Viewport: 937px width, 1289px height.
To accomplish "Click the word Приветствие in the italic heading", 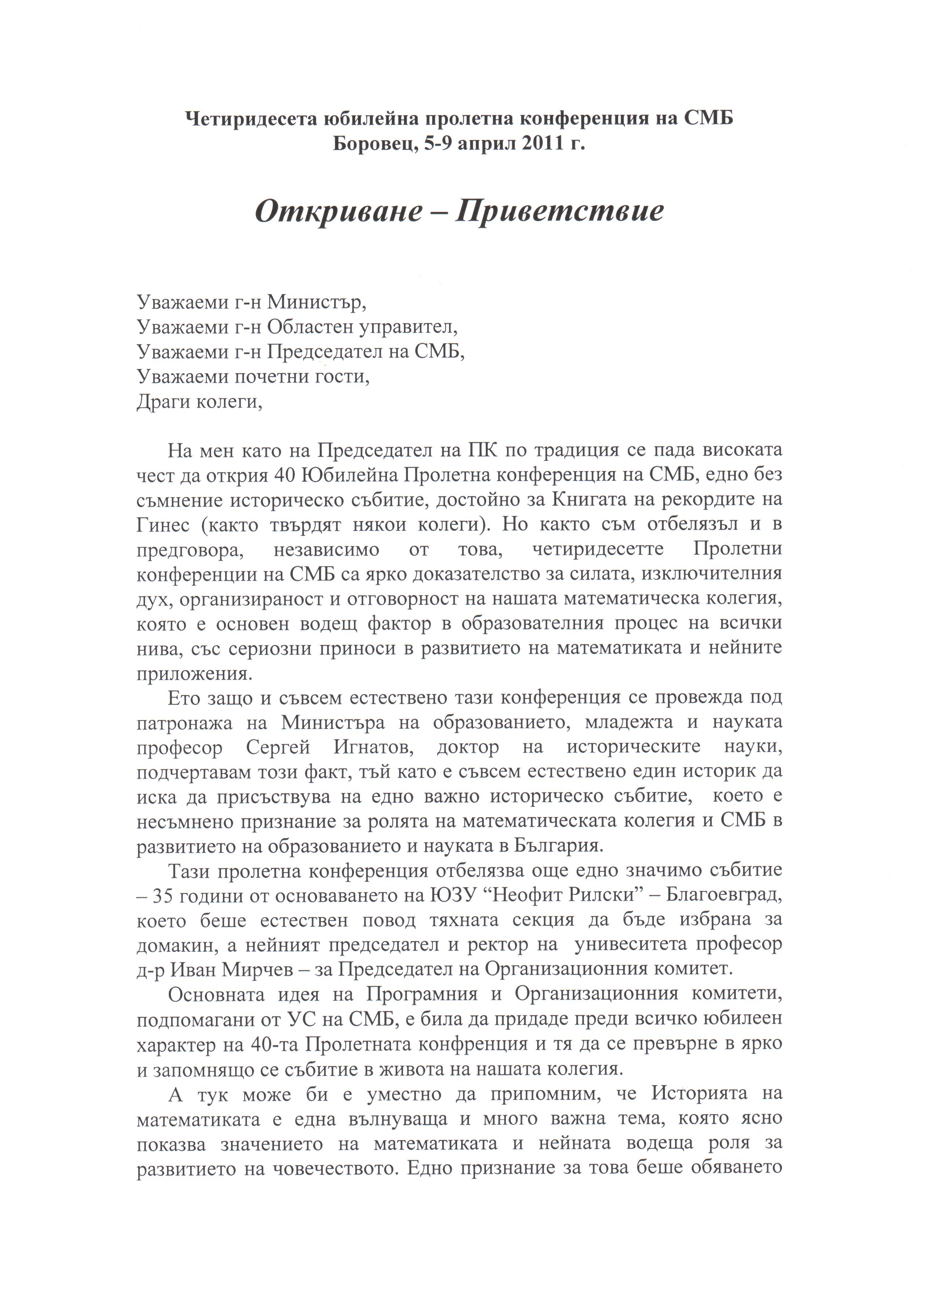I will pos(560,212).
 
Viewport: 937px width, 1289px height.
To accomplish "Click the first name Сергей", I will pos(278,747).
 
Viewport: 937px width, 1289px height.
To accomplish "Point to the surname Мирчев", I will pos(258,971).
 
